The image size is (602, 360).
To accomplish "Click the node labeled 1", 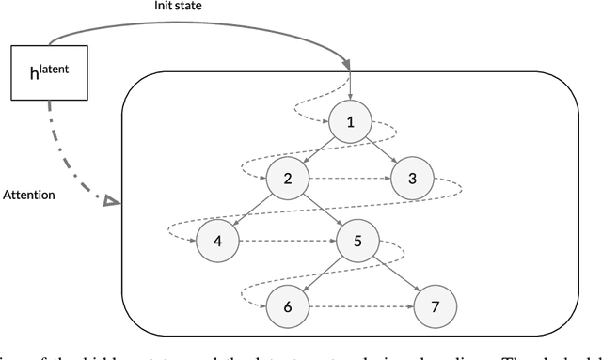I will click(350, 121).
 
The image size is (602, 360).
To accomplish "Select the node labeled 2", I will click(289, 177).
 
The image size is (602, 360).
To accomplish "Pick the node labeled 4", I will click(218, 241).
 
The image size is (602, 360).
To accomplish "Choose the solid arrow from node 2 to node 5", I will click(324, 209).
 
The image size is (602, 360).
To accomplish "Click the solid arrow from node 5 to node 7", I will click(395, 273).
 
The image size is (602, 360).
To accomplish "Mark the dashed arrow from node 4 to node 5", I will click(288, 241).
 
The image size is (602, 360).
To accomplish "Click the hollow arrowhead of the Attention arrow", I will click(110, 200).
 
